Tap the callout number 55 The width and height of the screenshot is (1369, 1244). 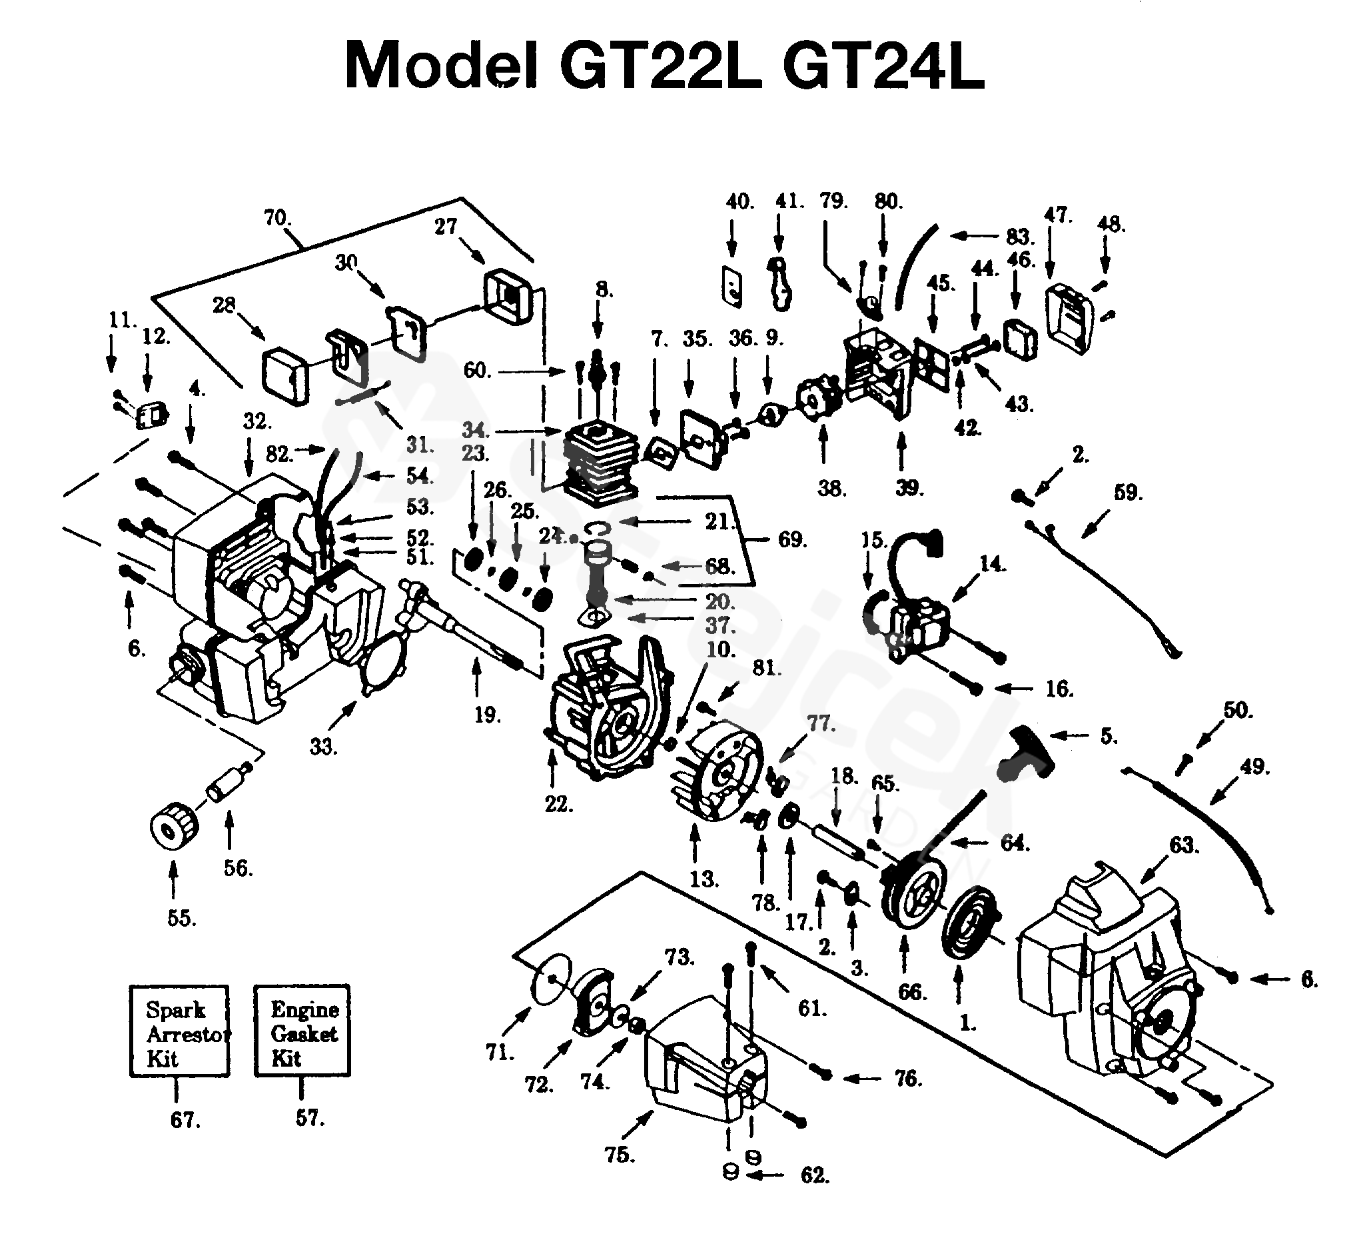coord(181,919)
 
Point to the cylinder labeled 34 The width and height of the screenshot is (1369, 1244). coord(600,465)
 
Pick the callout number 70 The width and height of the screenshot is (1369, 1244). coord(276,219)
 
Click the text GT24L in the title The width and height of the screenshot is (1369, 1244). coord(883,65)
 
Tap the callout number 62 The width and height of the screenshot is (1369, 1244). coord(814,1175)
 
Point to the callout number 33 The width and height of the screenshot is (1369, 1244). coord(323,747)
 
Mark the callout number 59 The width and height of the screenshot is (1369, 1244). coord(1128,493)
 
